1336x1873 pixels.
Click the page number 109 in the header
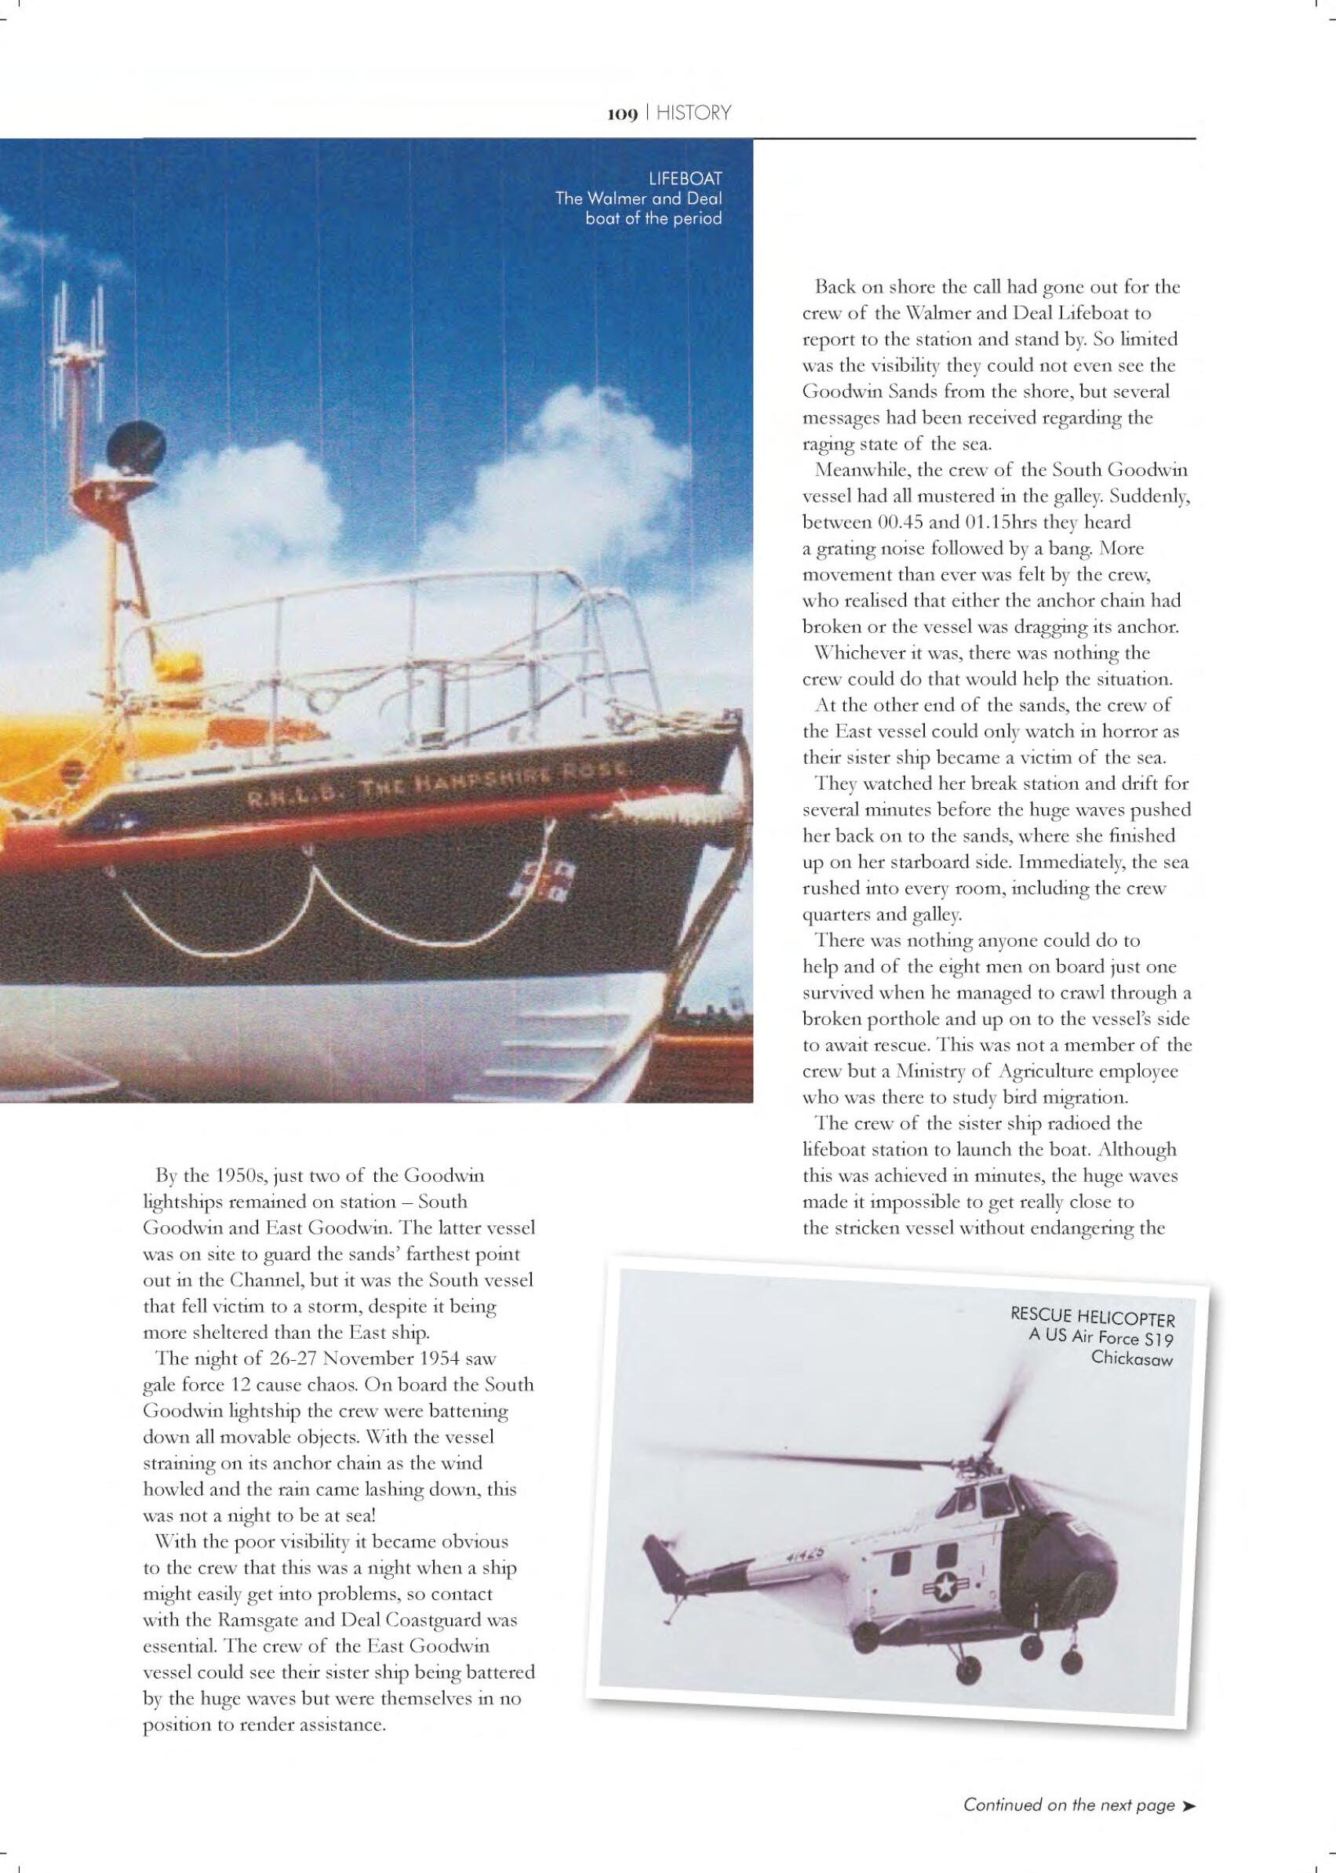pyautogui.click(x=622, y=115)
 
